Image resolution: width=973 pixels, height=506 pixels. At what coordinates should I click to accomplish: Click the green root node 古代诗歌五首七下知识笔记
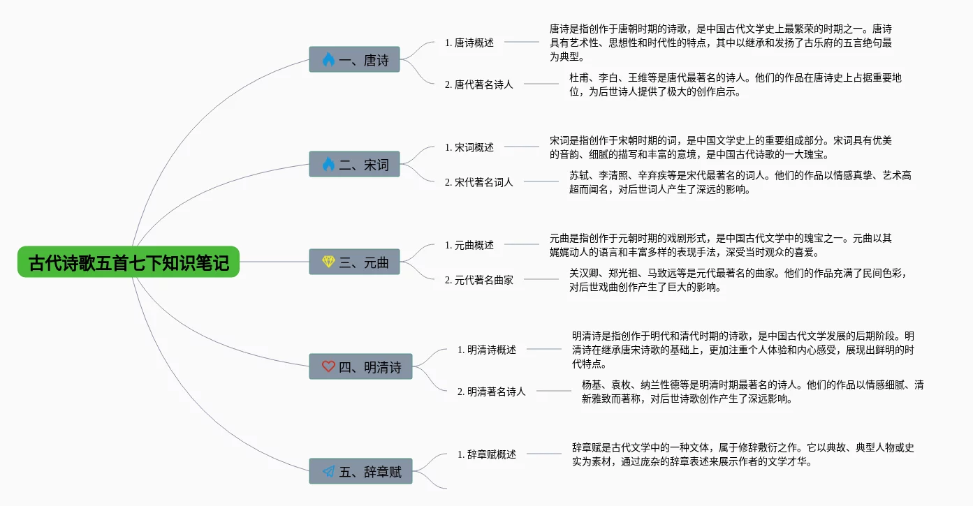coord(129,262)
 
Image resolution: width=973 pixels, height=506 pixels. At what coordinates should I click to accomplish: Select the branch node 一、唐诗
coord(354,59)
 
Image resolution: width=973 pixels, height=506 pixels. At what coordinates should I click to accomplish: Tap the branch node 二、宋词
coord(354,164)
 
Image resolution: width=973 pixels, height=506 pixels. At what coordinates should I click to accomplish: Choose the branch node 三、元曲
coord(354,262)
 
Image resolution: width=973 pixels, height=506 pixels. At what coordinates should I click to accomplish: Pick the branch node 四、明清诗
coord(360,366)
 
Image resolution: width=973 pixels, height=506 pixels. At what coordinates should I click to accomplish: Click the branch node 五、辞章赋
coord(360,471)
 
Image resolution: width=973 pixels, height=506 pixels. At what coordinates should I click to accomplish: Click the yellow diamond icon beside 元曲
coord(328,262)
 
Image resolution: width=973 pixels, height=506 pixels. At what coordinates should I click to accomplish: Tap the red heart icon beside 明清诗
coord(328,366)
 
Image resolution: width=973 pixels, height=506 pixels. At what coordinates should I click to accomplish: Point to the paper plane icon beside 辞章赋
coord(328,471)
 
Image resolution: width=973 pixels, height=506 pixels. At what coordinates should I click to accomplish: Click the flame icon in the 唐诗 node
coord(328,59)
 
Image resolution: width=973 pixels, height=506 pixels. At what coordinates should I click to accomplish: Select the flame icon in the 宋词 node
coord(328,164)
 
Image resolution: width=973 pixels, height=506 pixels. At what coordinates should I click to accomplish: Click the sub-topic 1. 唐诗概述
coord(469,43)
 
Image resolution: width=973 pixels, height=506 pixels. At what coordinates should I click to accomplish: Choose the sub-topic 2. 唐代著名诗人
coord(479,84)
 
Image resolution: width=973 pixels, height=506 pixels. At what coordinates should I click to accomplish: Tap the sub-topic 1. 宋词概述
coord(469,147)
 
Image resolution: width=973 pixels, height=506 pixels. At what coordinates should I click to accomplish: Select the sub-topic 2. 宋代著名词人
coord(479,182)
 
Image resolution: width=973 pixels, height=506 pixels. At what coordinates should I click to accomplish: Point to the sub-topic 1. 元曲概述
coord(469,245)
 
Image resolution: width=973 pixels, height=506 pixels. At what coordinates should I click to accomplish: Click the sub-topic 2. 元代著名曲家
coord(479,280)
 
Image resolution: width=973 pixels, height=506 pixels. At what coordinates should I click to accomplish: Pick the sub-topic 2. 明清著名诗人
coord(492,392)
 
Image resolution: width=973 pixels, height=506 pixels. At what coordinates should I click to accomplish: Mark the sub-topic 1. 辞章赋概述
coord(487,454)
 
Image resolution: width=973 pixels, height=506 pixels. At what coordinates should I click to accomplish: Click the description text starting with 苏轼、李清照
coord(740,182)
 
